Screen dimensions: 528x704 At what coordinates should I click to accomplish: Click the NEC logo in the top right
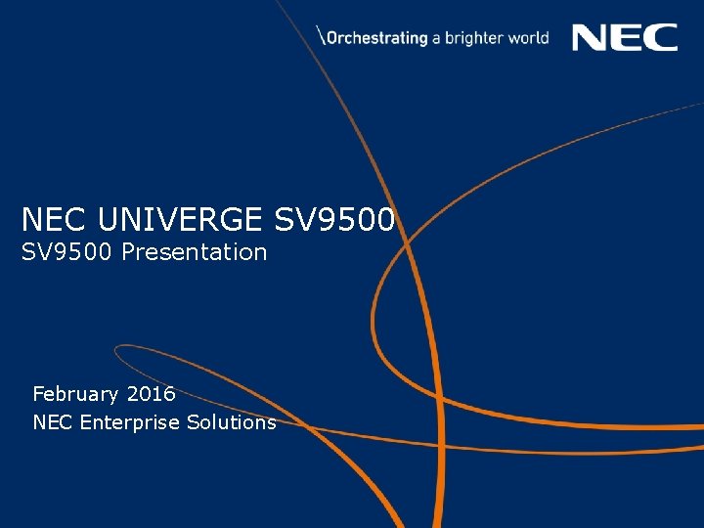coord(624,38)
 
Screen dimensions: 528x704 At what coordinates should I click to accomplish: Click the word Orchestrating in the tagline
coord(377,38)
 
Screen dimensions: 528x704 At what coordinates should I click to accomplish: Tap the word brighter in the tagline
coord(474,38)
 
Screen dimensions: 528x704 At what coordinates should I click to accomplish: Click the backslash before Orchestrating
coord(322,37)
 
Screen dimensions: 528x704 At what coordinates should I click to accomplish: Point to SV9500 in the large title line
coord(334,219)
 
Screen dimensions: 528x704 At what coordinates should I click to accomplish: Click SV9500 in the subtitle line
coord(67,252)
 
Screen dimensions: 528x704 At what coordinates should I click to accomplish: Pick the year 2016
coord(151,394)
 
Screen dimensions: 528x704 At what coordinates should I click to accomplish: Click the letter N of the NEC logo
coord(590,38)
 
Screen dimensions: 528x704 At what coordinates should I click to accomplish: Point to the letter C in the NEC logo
coord(661,38)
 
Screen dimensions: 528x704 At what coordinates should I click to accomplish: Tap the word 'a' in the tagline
coord(437,39)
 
